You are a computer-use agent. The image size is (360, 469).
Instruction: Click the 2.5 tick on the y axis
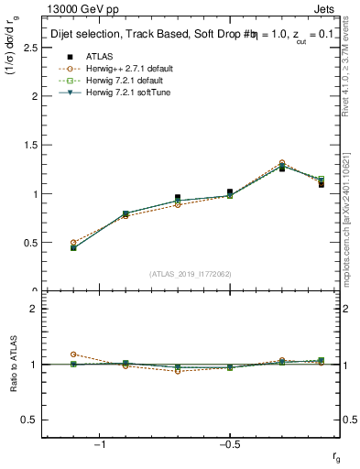click(x=30, y=47)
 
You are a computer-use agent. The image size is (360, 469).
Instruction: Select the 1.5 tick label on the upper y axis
click(x=30, y=145)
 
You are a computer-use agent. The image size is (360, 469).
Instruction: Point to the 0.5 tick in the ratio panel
click(x=30, y=420)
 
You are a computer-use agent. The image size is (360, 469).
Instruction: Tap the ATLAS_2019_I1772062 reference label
click(x=191, y=274)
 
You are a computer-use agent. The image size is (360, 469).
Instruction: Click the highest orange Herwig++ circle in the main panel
click(x=282, y=163)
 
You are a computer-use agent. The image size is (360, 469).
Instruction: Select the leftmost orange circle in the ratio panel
click(x=73, y=354)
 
